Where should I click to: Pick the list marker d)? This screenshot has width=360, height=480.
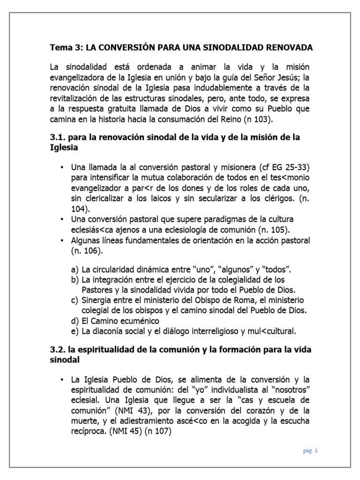(74, 321)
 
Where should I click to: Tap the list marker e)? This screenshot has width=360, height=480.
(74, 331)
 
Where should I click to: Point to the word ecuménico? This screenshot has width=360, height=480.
(140, 321)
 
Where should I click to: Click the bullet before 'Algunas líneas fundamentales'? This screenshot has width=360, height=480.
(62, 240)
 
